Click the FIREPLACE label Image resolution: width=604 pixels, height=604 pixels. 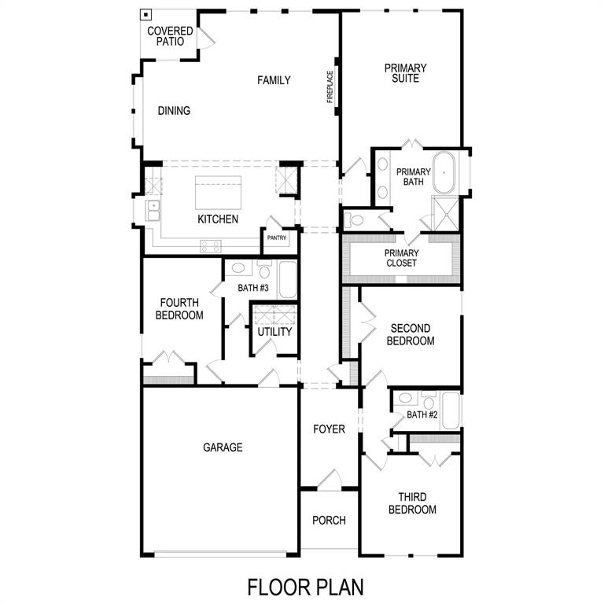(331, 87)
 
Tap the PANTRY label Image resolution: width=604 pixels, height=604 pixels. (276, 238)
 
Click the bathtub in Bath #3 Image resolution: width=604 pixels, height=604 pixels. (288, 280)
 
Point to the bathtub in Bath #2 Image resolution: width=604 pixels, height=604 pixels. (450, 410)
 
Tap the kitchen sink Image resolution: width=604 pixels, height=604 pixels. (153, 211)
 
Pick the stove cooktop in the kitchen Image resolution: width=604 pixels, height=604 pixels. (210, 245)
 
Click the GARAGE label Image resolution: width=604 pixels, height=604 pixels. (223, 447)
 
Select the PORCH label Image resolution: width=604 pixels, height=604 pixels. (330, 521)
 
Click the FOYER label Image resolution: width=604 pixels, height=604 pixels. (330, 429)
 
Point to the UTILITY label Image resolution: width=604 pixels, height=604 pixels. (274, 332)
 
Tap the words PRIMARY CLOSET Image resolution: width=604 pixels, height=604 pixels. (401, 258)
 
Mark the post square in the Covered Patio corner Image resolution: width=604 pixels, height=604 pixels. (146, 14)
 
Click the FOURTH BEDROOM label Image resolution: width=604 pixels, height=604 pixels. (181, 308)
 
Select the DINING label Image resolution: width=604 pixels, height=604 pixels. (174, 111)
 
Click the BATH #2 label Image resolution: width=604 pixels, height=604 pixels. (422, 414)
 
